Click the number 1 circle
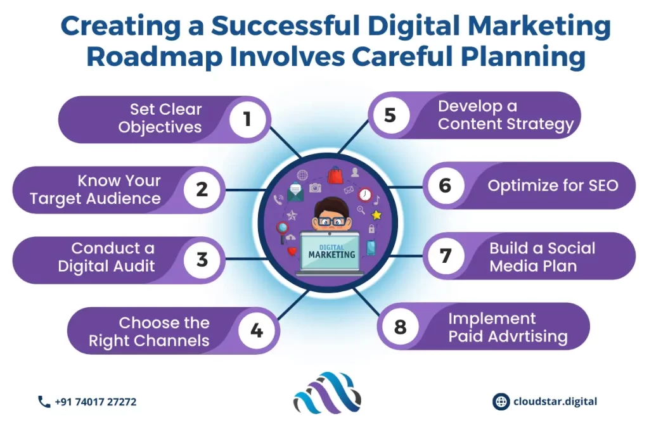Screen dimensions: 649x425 [x=248, y=119]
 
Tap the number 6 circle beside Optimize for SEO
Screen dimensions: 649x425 [x=446, y=186]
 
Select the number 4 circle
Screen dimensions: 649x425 [x=257, y=330]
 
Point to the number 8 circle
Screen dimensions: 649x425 [x=401, y=327]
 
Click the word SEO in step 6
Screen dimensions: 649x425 [x=603, y=186]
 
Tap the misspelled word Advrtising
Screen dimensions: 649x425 [x=528, y=336]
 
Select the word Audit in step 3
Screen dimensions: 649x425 [x=133, y=265]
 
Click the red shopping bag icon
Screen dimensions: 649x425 [x=335, y=175]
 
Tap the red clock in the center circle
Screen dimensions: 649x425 [x=365, y=194]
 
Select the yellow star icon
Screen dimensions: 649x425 [x=376, y=215]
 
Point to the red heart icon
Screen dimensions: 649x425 [x=292, y=251]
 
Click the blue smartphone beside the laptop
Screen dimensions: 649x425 [x=371, y=248]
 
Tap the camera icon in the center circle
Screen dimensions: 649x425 [x=315, y=188]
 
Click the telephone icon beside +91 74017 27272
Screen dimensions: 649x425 [x=44, y=402]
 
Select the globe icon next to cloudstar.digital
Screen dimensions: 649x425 [x=501, y=402]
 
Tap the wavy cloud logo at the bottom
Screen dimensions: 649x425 [x=327, y=393]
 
